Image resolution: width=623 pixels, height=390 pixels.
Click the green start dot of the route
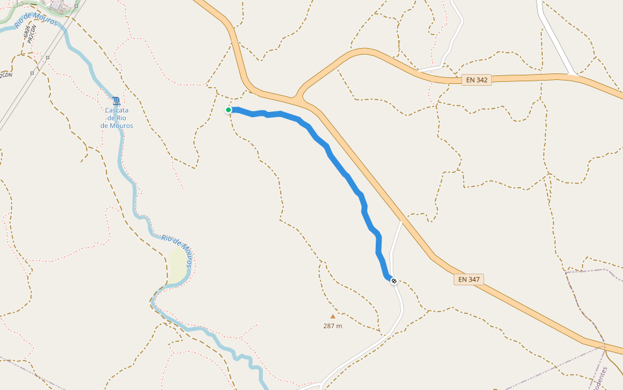pos(228,110)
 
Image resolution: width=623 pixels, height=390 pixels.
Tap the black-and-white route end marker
pos(393,281)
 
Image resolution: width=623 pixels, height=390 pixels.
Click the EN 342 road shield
pos(477,80)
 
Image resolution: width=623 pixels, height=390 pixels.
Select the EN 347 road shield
pos(469,279)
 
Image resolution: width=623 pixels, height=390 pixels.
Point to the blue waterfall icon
pos(116,101)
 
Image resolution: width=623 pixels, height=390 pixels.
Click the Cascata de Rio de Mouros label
pos(117,118)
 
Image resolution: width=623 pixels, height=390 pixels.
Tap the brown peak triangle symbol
pos(333,317)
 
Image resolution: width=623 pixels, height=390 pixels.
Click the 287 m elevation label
pos(332,326)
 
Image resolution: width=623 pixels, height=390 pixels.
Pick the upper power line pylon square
pos(49,57)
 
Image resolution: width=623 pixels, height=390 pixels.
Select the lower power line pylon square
pos(32,73)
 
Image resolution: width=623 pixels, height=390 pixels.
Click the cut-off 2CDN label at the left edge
pos(5,75)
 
